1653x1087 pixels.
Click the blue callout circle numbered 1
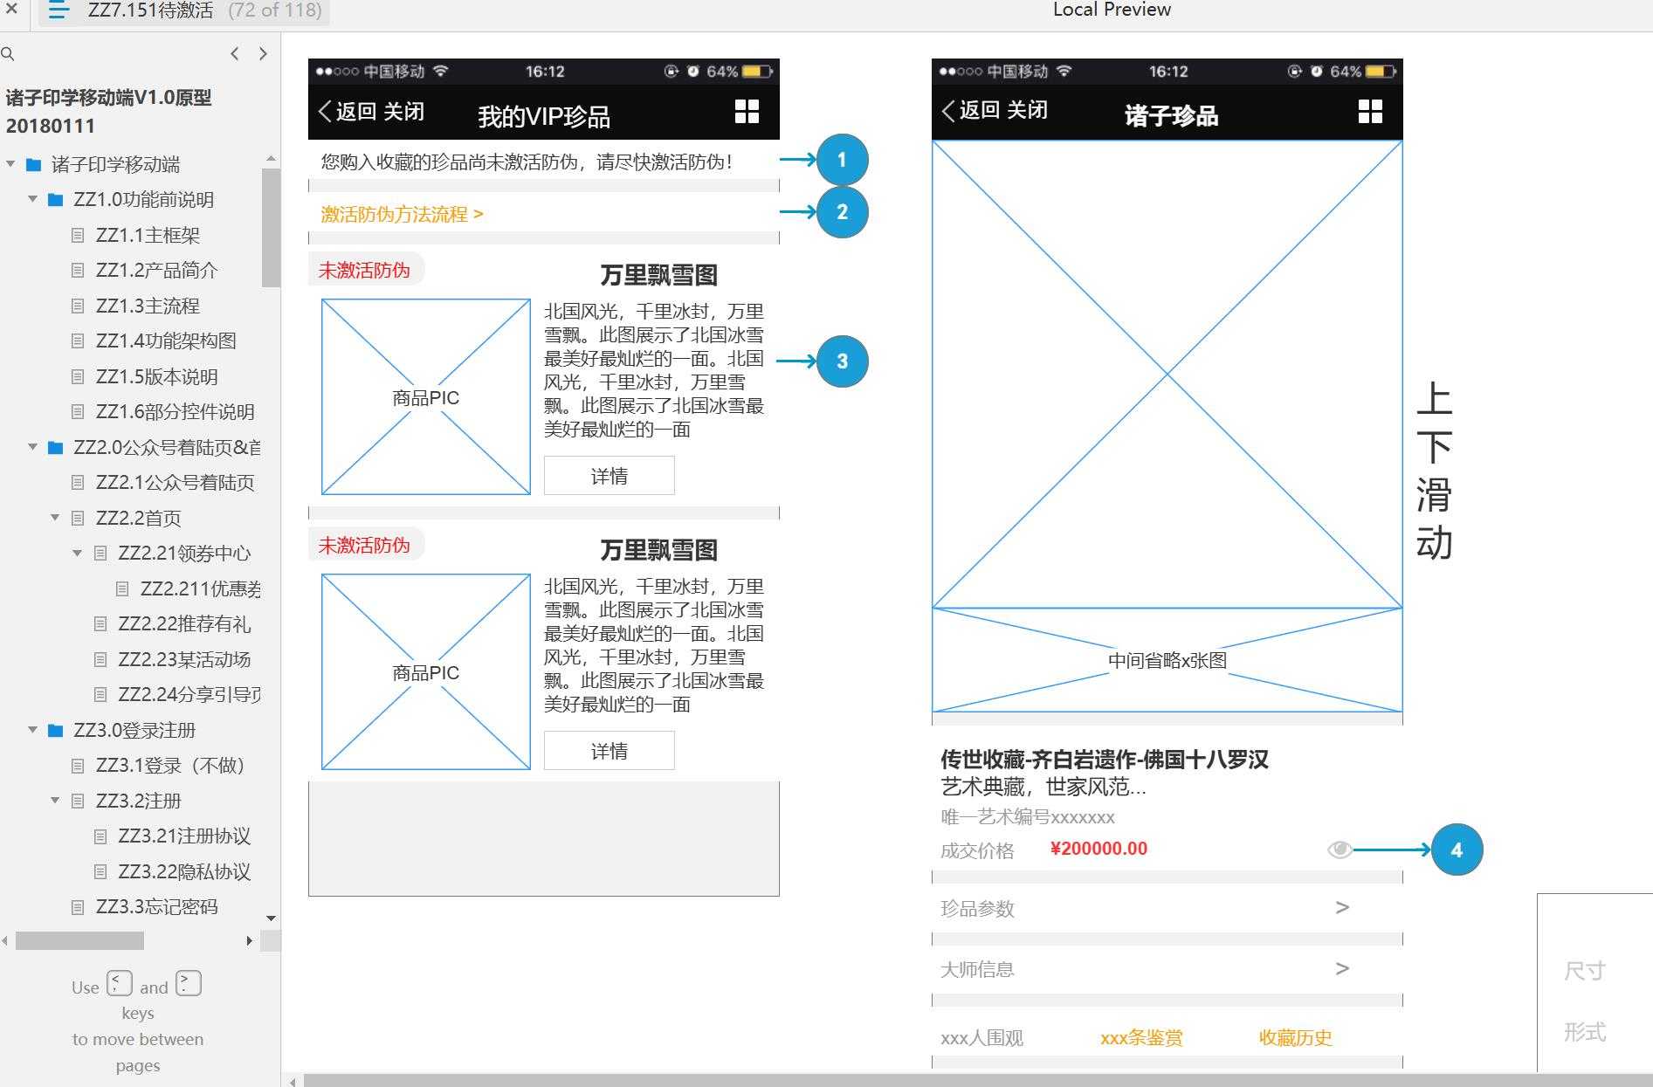coord(842,160)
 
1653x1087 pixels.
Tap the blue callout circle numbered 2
coord(842,212)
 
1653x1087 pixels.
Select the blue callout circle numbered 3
coord(842,361)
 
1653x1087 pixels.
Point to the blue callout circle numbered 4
coord(1456,850)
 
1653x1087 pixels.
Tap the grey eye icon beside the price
coord(1339,850)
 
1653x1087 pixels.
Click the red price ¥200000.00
coord(1099,849)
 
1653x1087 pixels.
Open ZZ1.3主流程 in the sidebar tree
coord(148,306)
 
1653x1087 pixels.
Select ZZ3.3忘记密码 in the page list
coord(156,906)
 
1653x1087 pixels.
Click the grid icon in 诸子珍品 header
coord(1370,111)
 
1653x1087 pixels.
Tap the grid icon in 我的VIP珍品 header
coord(747,111)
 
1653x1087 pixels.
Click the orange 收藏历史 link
coord(1295,1037)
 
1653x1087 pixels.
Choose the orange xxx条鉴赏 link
coord(1141,1037)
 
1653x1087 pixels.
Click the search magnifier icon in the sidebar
coord(8,54)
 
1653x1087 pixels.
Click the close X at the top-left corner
coord(11,10)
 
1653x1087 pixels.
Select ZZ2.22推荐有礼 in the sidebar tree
coord(183,624)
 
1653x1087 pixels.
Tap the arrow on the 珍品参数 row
coord(1342,908)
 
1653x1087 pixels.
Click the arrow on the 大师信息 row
coord(1342,969)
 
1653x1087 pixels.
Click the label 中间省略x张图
coord(1167,660)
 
